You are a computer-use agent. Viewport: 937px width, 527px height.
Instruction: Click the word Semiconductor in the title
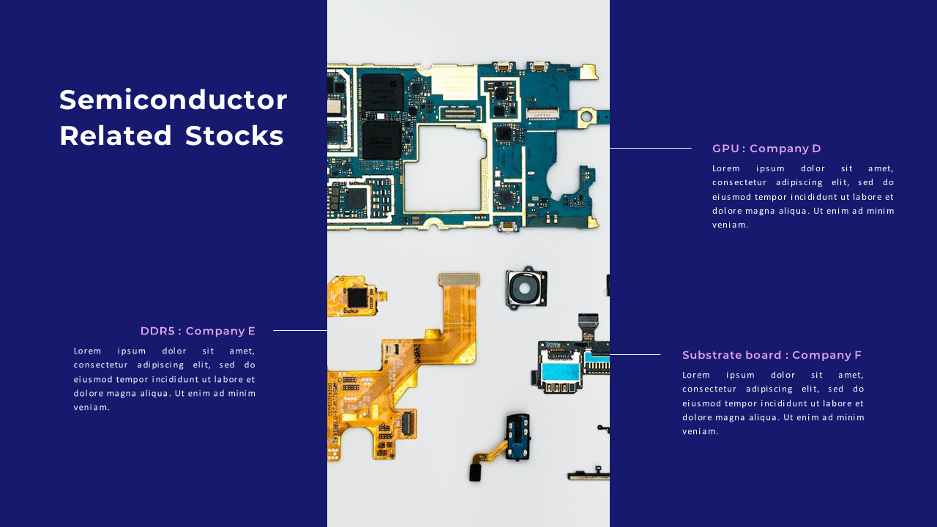click(173, 100)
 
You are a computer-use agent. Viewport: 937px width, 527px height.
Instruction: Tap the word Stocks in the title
click(234, 136)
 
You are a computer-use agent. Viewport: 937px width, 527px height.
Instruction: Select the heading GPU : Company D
click(766, 149)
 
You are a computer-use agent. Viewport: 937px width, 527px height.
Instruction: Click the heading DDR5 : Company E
click(198, 331)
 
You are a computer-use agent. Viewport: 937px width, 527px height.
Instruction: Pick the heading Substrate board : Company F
click(772, 355)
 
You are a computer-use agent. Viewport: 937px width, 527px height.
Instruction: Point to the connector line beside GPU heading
click(650, 149)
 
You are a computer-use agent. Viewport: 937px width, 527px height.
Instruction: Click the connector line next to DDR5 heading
click(300, 331)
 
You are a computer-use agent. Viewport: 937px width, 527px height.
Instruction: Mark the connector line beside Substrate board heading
click(635, 355)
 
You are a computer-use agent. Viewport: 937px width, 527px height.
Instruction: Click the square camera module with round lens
click(525, 288)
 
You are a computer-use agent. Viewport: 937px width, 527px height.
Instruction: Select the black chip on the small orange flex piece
click(357, 297)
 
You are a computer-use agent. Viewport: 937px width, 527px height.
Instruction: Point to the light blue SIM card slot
click(561, 372)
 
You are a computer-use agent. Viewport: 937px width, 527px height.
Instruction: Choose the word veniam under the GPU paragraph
click(730, 225)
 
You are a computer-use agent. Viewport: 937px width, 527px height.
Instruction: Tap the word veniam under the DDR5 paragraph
click(92, 408)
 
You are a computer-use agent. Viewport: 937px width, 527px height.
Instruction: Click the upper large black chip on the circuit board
click(382, 91)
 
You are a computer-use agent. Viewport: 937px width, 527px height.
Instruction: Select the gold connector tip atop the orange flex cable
click(459, 279)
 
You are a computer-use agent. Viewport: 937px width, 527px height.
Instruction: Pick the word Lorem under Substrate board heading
click(696, 375)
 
